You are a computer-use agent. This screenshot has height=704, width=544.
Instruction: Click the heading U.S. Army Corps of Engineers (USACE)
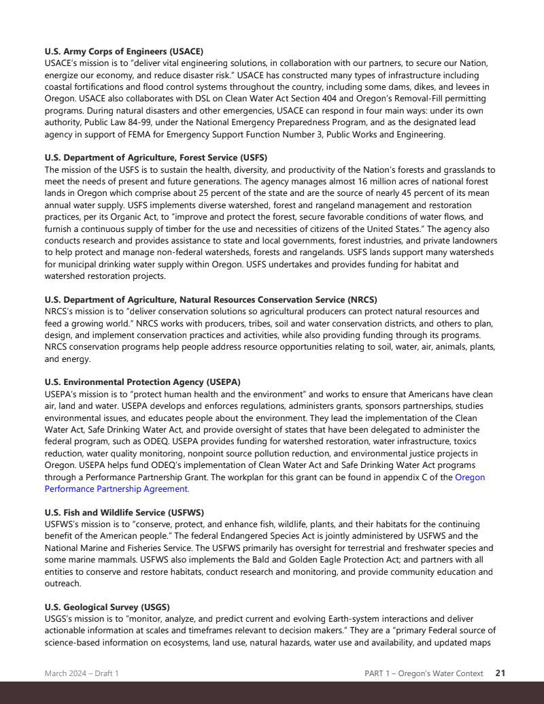(x=124, y=51)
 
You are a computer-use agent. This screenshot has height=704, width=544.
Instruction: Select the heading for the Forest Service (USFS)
(x=156, y=158)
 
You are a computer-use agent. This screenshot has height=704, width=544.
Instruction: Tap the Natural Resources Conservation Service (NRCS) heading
(x=211, y=300)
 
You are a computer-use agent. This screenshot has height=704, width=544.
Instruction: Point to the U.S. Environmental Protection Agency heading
(x=142, y=382)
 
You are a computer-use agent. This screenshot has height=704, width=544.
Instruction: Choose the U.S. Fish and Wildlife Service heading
(x=124, y=512)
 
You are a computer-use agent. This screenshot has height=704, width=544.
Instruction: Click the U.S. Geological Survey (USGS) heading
(x=107, y=607)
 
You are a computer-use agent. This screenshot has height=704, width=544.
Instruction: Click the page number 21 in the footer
(x=500, y=673)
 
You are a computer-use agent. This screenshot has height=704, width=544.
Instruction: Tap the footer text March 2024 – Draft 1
(x=82, y=673)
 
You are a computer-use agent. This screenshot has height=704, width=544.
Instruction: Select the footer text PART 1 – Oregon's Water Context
(x=424, y=673)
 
